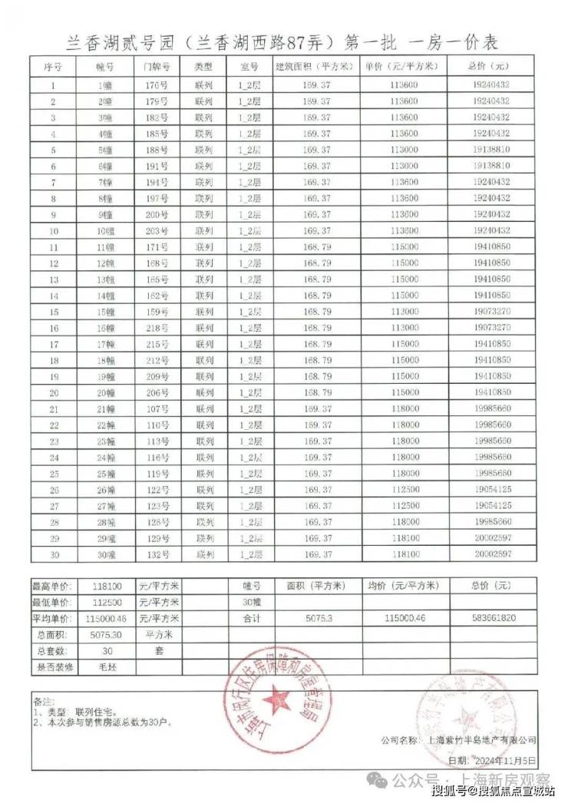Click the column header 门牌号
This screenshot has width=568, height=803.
click(x=156, y=66)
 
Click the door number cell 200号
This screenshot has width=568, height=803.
click(x=156, y=213)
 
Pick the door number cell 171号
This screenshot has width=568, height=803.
click(x=156, y=246)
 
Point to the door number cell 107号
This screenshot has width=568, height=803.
click(x=156, y=408)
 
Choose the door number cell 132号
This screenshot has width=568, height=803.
click(x=156, y=554)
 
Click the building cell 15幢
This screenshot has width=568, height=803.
click(x=105, y=312)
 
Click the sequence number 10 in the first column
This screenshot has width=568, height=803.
click(x=54, y=230)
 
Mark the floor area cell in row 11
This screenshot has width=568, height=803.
click(x=317, y=246)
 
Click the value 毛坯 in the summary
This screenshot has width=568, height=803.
click(x=107, y=667)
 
